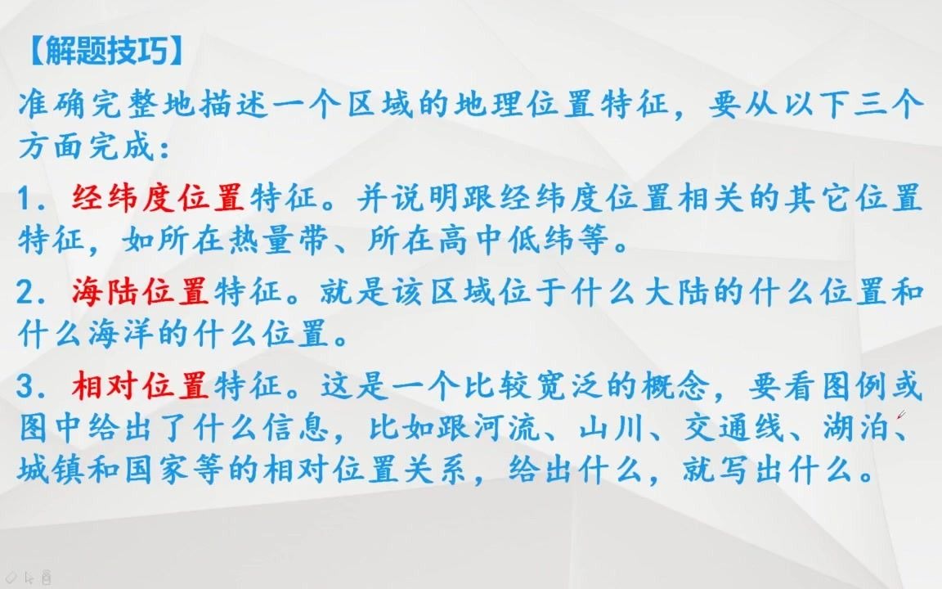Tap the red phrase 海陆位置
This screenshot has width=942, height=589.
pyautogui.click(x=141, y=292)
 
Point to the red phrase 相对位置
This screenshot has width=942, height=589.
pyautogui.click(x=141, y=385)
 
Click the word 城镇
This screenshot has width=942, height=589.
pyautogui.click(x=54, y=470)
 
